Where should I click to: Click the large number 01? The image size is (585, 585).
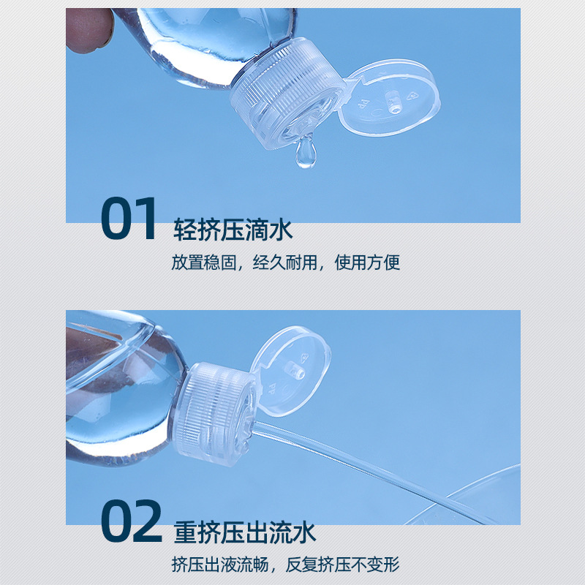point(129,219)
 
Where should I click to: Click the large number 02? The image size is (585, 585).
point(131,521)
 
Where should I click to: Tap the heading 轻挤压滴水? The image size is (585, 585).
point(233,230)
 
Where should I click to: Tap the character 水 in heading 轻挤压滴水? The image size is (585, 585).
point(281,230)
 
